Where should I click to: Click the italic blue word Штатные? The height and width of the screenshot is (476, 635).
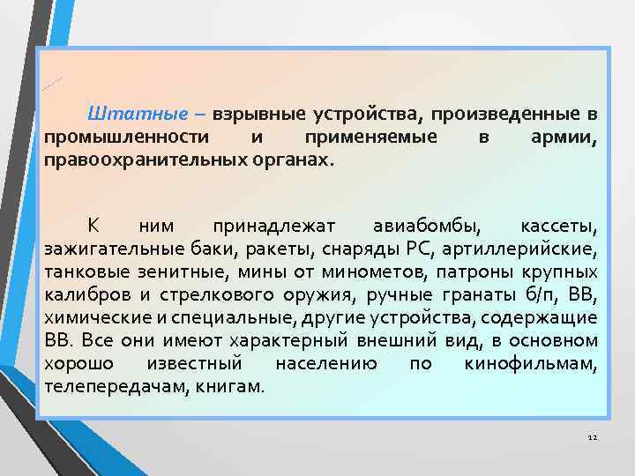tap(137, 115)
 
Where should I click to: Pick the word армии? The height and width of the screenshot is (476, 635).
tap(565, 138)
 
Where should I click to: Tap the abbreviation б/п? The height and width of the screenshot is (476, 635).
tap(547, 294)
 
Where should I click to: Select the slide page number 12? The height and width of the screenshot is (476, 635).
tap(592, 438)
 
